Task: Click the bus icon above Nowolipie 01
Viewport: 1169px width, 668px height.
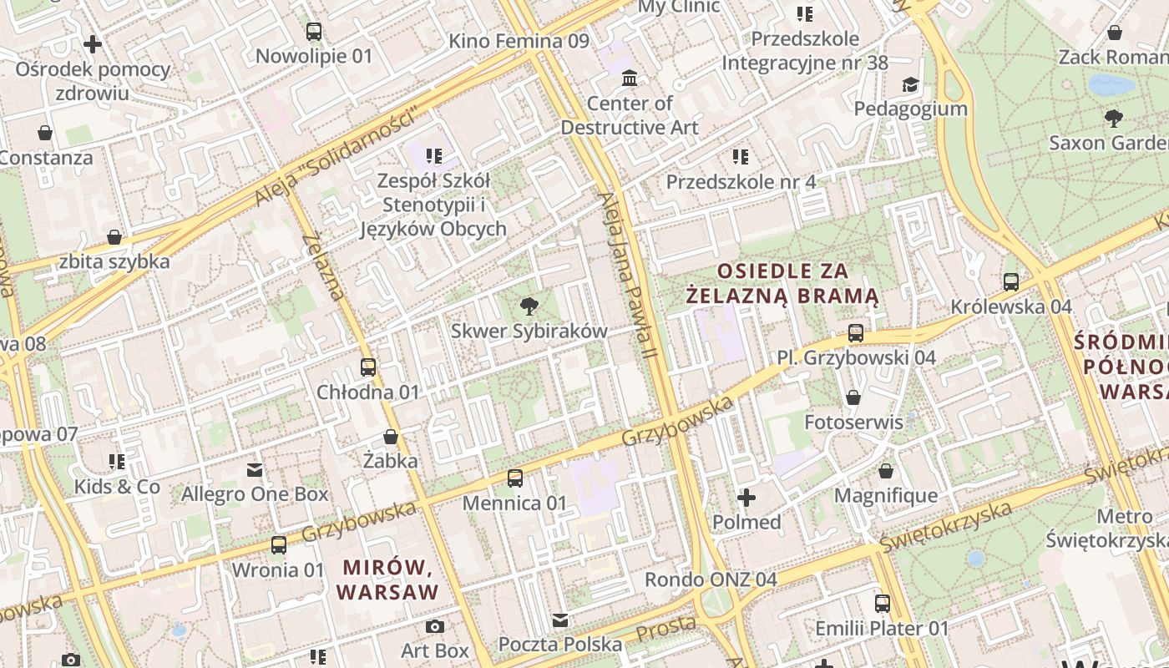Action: coord(314,32)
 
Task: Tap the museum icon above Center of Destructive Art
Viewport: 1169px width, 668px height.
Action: coord(630,78)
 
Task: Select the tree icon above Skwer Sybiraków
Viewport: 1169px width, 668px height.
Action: coord(529,306)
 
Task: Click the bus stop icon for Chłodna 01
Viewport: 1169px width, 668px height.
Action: coord(367,367)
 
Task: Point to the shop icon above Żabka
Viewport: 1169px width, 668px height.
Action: coord(390,436)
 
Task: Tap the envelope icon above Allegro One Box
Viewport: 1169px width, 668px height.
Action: coord(255,470)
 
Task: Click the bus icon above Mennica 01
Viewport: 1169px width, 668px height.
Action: coord(515,478)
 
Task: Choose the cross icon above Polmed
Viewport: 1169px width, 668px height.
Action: coord(746,498)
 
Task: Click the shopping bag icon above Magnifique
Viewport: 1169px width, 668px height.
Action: coord(886,471)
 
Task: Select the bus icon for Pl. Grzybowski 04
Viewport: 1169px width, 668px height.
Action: coord(856,333)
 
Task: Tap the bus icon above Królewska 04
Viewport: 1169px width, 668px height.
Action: coord(1011,282)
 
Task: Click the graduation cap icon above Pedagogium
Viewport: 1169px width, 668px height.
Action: coord(910,84)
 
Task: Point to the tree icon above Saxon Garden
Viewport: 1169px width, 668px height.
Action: coord(1113,119)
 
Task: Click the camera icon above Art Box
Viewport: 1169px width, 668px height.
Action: coord(434,626)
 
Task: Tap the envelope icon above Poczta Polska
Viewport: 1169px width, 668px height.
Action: coord(560,620)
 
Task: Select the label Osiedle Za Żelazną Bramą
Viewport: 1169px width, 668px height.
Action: coord(782,283)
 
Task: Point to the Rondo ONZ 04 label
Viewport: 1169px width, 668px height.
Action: coord(711,579)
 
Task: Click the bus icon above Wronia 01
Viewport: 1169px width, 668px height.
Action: coord(278,545)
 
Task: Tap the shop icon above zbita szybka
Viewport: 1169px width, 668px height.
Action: coord(114,238)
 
